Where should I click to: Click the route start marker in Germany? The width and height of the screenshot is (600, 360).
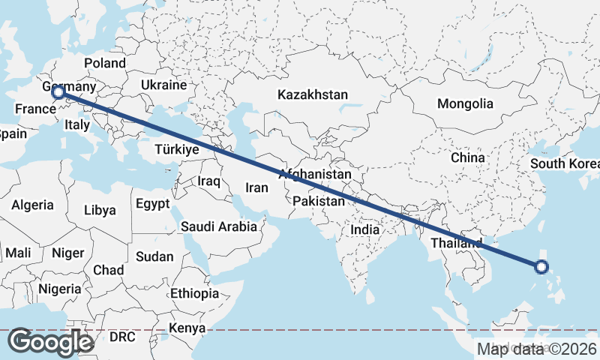click(x=58, y=92)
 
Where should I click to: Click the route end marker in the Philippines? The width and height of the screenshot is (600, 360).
click(x=541, y=266)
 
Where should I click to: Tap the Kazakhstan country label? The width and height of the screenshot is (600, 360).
click(x=313, y=95)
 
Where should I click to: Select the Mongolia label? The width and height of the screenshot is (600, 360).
click(x=465, y=103)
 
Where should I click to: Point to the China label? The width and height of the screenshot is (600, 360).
click(x=468, y=158)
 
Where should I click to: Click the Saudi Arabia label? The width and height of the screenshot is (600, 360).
click(x=218, y=226)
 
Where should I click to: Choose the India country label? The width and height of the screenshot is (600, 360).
click(x=370, y=230)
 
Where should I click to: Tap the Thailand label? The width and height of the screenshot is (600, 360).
click(x=455, y=243)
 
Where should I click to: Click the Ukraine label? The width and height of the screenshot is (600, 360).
click(x=163, y=85)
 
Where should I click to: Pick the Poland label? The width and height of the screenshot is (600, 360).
click(x=104, y=63)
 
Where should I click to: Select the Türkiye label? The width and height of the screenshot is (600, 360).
click(x=176, y=149)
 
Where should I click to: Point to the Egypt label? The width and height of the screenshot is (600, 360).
click(x=153, y=203)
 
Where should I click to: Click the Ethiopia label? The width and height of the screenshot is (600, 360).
click(x=194, y=293)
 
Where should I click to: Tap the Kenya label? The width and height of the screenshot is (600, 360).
click(x=187, y=328)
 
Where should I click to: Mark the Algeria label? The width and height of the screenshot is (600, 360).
click(x=32, y=205)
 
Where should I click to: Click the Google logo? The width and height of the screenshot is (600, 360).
click(x=50, y=342)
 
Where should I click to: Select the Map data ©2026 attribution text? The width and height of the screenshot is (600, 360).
click(x=537, y=349)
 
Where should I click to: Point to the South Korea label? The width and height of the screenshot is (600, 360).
click(x=563, y=164)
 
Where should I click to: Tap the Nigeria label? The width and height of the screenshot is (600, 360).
click(x=60, y=289)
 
